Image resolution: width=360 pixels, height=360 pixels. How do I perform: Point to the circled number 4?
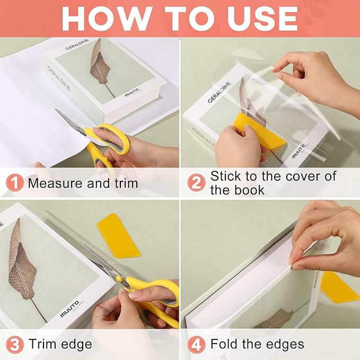[x=196, y=345]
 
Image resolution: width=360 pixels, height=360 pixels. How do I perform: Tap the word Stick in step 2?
[x=225, y=177]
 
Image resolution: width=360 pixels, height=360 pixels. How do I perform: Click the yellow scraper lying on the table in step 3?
[x=118, y=235]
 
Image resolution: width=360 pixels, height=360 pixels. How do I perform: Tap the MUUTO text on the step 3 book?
[x=70, y=307]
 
